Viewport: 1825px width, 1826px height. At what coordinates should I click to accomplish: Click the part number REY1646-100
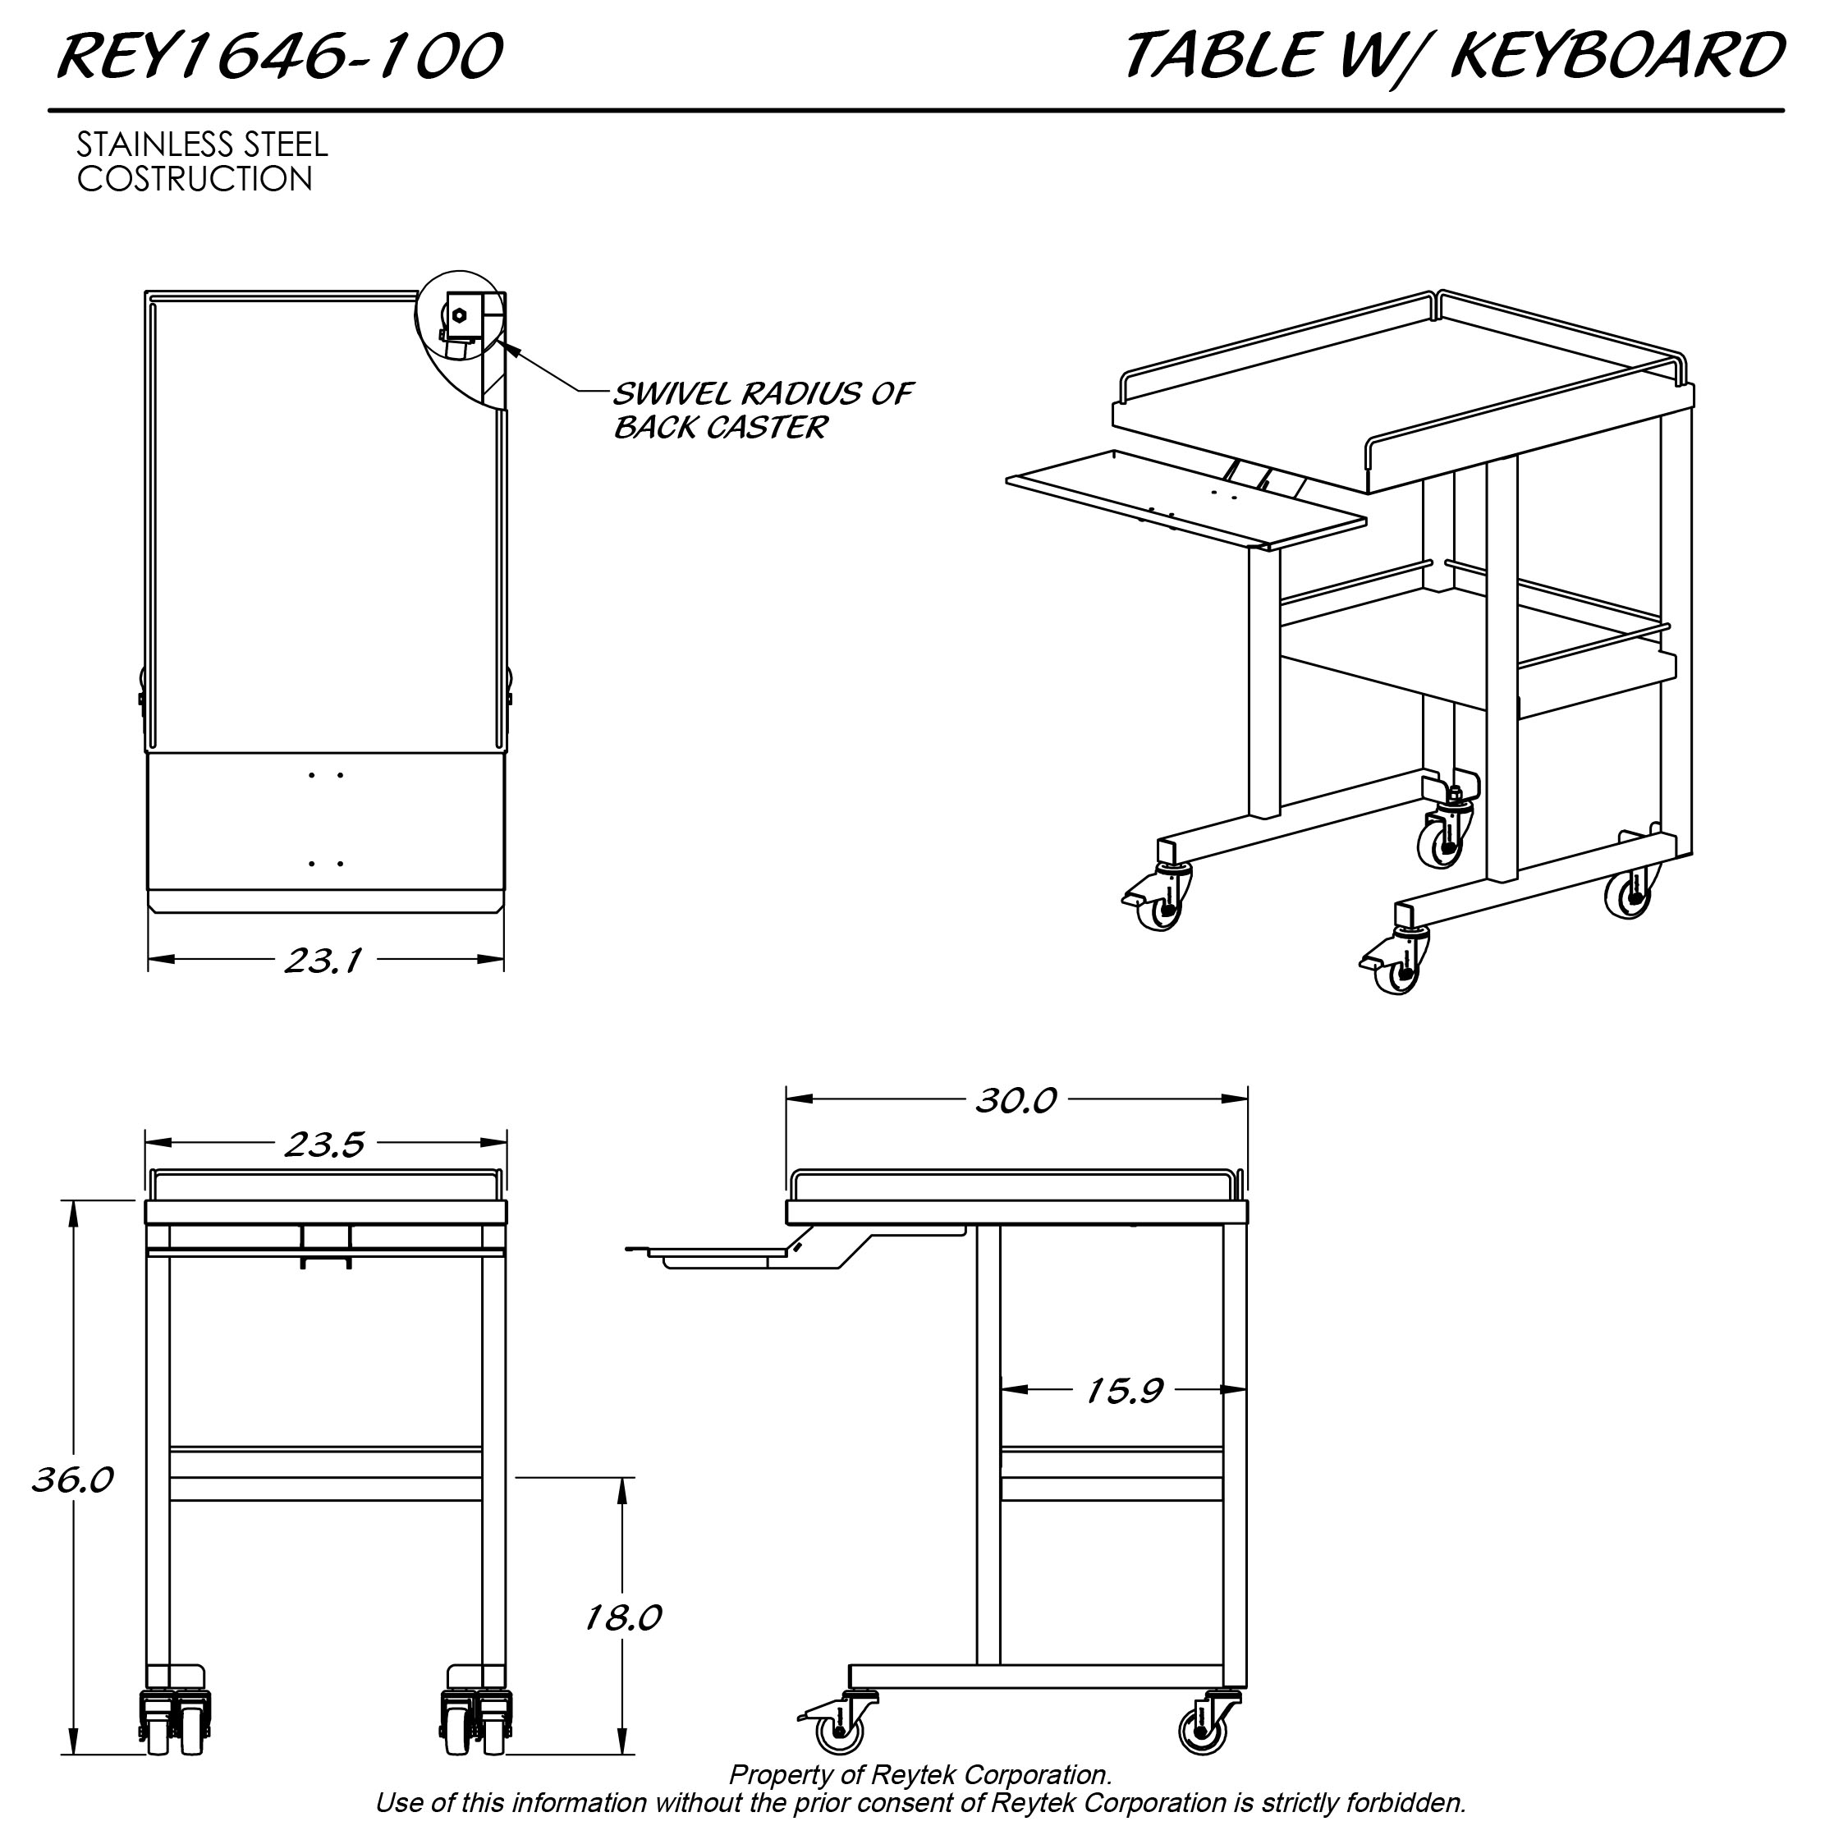pos(280,57)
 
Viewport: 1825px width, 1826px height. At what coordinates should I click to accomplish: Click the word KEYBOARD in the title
pos(1617,57)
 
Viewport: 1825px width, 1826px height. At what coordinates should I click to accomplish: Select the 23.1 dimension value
pos(323,961)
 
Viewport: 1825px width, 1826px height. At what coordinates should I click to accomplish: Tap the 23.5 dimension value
pos(324,1145)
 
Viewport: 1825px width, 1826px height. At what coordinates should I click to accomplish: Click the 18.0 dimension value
pos(623,1618)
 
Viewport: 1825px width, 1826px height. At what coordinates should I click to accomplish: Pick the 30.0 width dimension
pos(1016,1100)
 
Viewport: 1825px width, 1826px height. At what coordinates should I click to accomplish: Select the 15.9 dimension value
pos(1123,1390)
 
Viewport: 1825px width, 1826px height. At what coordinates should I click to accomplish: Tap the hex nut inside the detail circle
pos(459,315)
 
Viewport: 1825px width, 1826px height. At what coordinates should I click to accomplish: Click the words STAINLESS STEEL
pos(202,145)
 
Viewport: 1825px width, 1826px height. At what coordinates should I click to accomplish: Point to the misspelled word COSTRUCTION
pos(195,179)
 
